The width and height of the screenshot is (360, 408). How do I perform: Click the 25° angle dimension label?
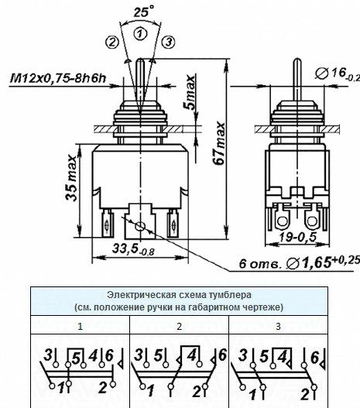coord(144,12)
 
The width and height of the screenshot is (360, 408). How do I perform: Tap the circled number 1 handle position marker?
coord(140,34)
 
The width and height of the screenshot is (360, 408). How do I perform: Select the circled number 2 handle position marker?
coord(112,42)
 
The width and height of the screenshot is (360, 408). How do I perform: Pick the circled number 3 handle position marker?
coord(169,42)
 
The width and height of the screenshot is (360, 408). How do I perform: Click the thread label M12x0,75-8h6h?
coord(58,78)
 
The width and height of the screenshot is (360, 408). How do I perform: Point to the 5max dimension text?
coord(190,92)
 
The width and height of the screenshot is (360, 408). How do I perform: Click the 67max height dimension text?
coord(219,143)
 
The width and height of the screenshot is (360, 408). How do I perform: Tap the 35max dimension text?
coord(71,178)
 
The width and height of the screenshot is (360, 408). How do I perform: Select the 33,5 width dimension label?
coord(133,249)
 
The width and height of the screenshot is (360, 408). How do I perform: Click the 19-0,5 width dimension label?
coord(298,237)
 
